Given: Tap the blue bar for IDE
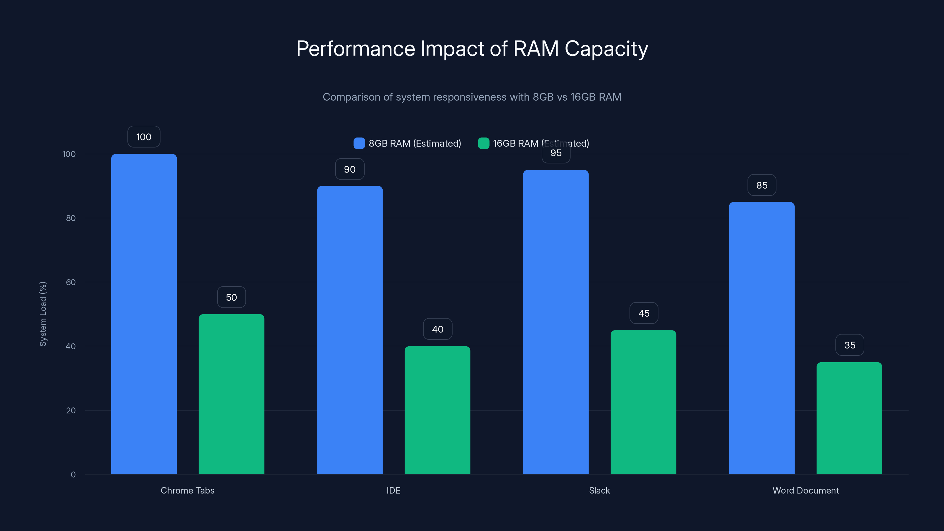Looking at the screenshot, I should (x=350, y=330).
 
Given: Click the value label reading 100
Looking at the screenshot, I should (x=144, y=137).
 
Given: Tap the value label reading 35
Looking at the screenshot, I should (x=850, y=345).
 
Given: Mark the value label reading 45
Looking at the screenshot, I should (x=643, y=313).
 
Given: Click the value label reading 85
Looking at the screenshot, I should (x=761, y=185).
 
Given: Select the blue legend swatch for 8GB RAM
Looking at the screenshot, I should (x=359, y=143).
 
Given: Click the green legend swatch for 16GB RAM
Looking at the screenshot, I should (x=484, y=143).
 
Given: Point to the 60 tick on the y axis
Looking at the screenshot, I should (x=71, y=282).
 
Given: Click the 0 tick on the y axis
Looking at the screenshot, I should (x=73, y=475).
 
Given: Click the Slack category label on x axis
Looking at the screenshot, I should (x=599, y=490).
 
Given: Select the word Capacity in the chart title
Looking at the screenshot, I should (x=606, y=49).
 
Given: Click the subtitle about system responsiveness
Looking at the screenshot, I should (x=472, y=97).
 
